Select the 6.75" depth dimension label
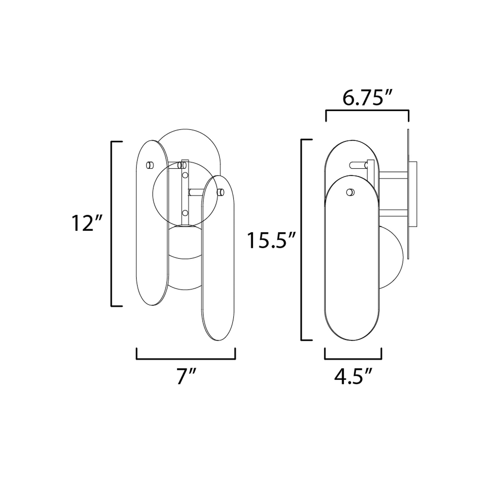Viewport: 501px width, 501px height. click(367, 98)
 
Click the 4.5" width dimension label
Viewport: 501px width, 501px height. click(353, 376)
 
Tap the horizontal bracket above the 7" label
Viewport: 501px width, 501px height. click(186, 359)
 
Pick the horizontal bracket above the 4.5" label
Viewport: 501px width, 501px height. click(353, 359)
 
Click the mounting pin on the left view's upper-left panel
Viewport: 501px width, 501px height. click(150, 165)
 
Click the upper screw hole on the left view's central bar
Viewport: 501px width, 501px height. click(185, 176)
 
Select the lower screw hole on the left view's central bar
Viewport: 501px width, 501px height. click(185, 213)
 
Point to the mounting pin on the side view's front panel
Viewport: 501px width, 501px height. click(350, 192)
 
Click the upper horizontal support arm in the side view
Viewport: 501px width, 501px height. click(393, 175)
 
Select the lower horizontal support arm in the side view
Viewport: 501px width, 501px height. click(393, 213)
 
